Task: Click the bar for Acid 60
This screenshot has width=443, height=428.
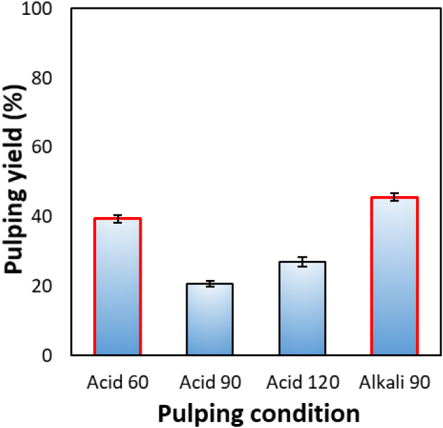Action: click(117, 287)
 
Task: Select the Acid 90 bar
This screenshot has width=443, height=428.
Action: click(210, 319)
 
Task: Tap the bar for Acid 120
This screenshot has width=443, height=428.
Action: click(302, 308)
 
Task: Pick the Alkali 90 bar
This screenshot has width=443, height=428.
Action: click(394, 276)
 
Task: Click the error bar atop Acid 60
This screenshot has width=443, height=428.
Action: click(117, 218)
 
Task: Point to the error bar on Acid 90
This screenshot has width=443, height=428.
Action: click(210, 284)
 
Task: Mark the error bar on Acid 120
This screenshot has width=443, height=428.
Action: click(302, 262)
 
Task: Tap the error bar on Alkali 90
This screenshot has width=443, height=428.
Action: click(394, 197)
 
